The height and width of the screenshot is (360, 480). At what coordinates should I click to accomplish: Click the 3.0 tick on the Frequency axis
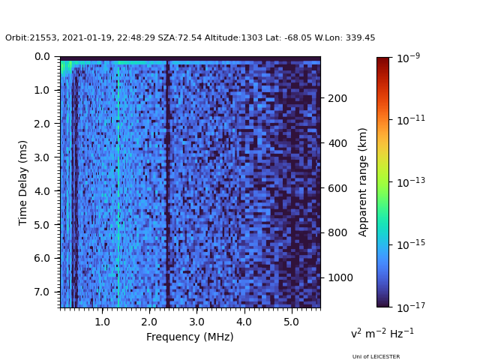[196, 322]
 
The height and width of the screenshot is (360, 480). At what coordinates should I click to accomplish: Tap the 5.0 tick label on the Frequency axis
[291, 322]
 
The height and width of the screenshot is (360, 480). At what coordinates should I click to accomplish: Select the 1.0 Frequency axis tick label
[102, 322]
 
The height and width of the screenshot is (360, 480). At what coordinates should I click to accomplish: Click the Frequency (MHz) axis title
[190, 337]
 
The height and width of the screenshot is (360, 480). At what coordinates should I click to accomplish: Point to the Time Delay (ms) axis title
[23, 182]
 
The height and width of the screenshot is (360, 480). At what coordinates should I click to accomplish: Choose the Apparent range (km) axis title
[363, 182]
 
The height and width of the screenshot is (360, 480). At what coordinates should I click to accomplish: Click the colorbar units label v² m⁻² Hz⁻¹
[382, 333]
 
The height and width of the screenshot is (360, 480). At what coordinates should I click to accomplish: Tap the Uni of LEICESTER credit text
[376, 356]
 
